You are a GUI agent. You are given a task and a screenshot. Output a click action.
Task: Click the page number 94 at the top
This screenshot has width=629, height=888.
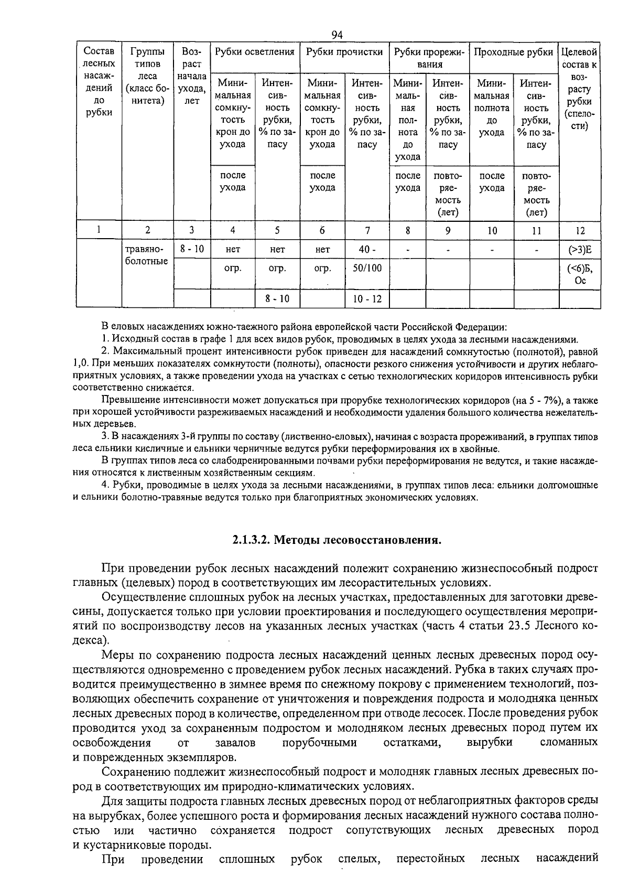pos(337,35)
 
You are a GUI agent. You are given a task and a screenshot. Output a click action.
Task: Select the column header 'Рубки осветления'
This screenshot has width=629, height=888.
pos(255,52)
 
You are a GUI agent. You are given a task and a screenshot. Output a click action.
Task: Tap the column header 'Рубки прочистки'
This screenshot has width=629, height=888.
pos(344,52)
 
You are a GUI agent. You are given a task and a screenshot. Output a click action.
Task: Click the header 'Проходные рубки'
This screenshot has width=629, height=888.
pos(513,52)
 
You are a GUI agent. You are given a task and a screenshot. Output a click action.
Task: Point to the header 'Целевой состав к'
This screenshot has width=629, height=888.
pos(579,58)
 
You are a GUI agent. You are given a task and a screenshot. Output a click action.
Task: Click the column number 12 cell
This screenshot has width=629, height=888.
pos(580,230)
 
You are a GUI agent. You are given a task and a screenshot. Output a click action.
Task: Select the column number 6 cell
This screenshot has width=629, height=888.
pos(322,230)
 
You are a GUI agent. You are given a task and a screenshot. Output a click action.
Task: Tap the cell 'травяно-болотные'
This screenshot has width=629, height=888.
pos(147,255)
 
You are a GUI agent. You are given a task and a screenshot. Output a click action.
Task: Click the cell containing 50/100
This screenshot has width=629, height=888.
pos(367,268)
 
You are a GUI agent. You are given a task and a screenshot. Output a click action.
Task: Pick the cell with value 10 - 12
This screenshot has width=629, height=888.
pos(367,299)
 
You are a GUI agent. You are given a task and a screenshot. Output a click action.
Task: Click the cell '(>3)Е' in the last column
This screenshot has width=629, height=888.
pos(580,250)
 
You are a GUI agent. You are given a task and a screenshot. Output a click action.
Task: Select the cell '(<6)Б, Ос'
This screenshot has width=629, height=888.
pos(580,274)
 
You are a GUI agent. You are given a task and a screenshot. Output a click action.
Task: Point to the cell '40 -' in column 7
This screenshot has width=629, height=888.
pos(367,250)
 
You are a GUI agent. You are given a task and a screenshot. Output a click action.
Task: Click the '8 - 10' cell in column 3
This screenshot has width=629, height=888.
pos(192,249)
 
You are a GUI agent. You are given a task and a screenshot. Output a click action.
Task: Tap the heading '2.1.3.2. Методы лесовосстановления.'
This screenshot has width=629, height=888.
pos(337,540)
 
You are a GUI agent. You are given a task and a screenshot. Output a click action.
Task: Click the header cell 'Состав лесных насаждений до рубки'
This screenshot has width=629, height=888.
pos(99,81)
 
